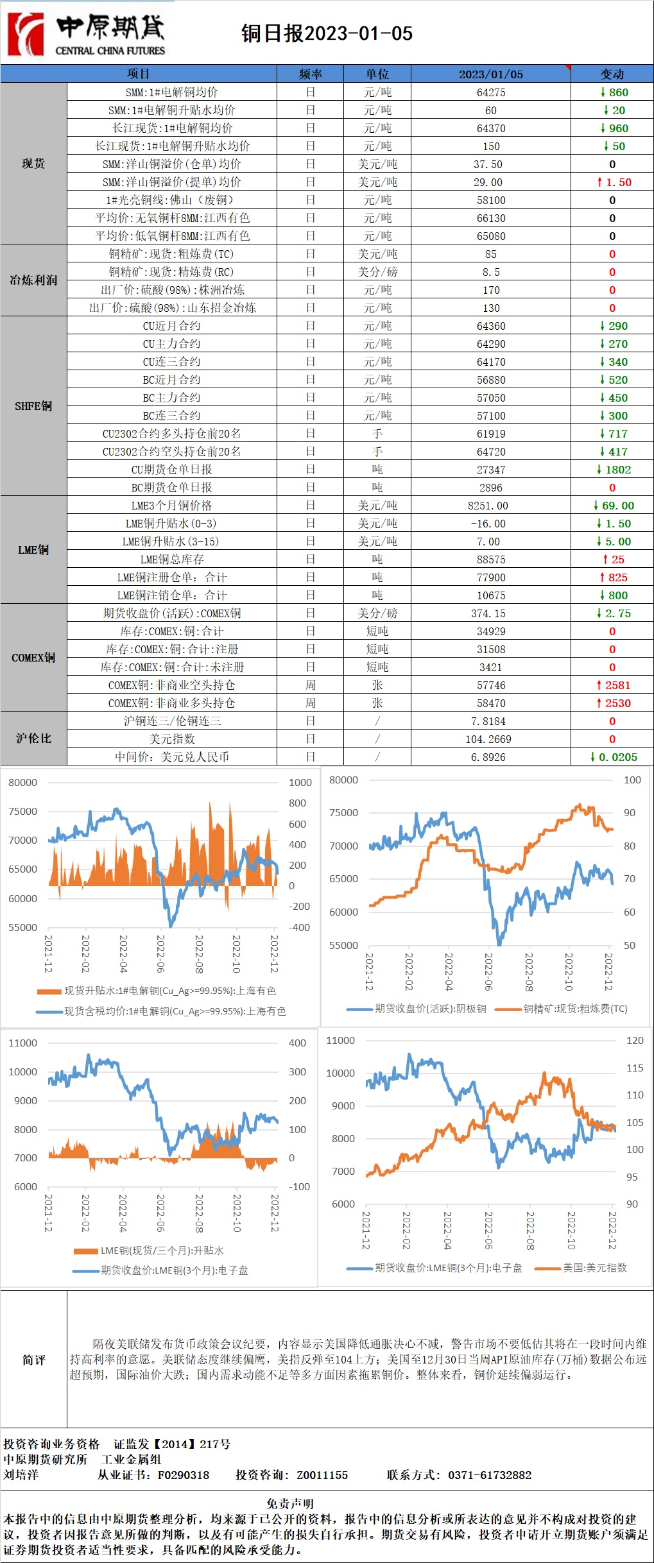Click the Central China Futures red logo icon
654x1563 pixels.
pyautogui.click(x=26, y=34)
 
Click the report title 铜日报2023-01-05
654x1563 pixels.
pyautogui.click(x=327, y=33)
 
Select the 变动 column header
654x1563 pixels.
pyautogui.click(x=612, y=74)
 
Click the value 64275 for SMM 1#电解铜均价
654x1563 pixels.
pyautogui.click(x=491, y=92)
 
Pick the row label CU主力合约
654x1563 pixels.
pyautogui.click(x=171, y=344)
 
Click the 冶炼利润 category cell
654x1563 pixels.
pyautogui.click(x=33, y=280)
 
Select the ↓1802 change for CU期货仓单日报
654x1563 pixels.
pyautogui.click(x=614, y=470)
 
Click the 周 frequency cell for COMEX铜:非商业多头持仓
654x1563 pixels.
pyautogui.click(x=311, y=703)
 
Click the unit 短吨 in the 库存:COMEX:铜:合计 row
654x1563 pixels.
pyautogui.click(x=377, y=631)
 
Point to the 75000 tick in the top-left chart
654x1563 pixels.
pyautogui.click(x=22, y=811)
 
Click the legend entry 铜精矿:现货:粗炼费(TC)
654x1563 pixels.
pyautogui.click(x=575, y=1009)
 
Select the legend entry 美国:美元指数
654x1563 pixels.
pyautogui.click(x=594, y=1267)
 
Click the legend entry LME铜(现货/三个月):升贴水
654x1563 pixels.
pyautogui.click(x=162, y=1250)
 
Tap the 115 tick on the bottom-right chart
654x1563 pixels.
pyautogui.click(x=634, y=1068)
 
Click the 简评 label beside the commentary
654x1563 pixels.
pyautogui.click(x=33, y=1360)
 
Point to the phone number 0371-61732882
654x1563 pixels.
pyautogui.click(x=490, y=1474)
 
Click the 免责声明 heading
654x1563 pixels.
pyautogui.click(x=290, y=1503)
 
